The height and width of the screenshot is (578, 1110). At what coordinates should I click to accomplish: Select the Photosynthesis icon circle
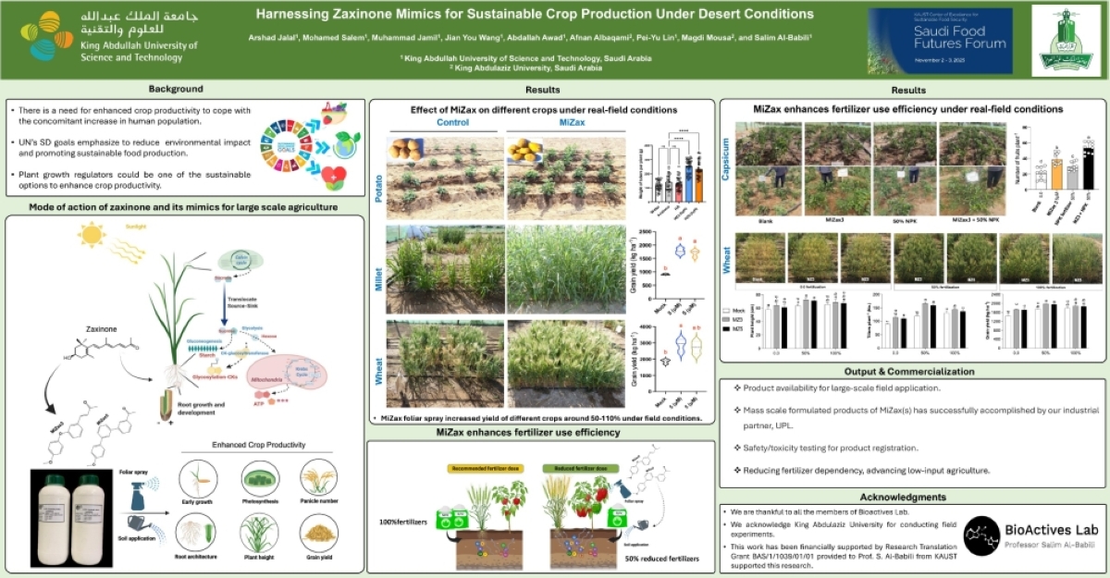258,479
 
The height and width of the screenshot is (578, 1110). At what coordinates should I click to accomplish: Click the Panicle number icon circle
319,479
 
